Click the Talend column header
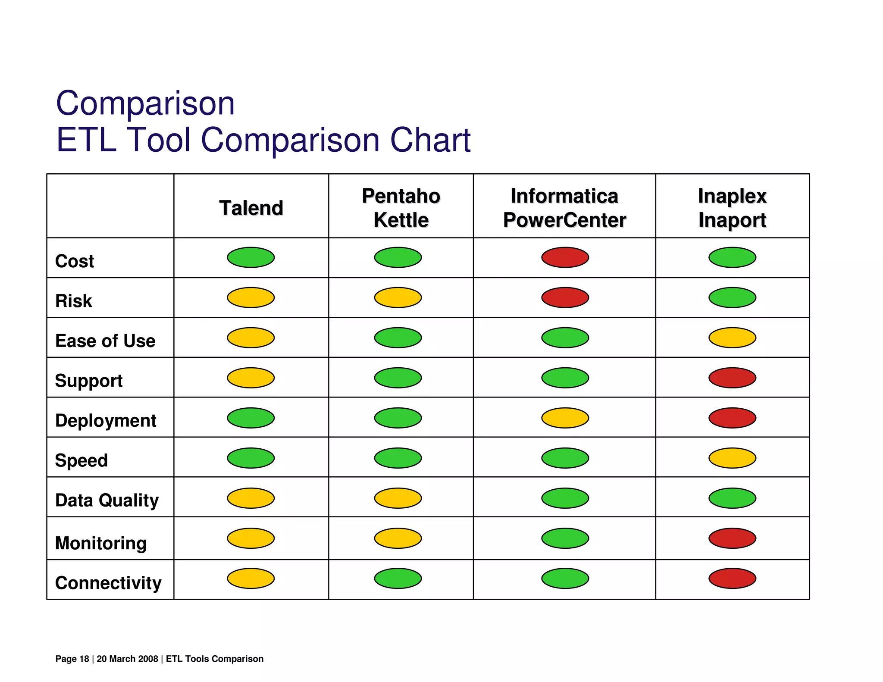251,208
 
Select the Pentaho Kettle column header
401,208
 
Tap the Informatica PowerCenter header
564,208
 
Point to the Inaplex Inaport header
732,208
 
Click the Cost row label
75,261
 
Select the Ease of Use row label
105,341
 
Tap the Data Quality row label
107,501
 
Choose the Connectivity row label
108,583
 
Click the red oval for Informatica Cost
565,257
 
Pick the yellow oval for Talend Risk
251,297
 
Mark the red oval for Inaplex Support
732,378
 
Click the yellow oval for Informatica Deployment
565,418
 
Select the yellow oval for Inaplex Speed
732,458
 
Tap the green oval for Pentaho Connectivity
398,578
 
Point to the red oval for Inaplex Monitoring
732,538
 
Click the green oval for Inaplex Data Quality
732,498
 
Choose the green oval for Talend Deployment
251,418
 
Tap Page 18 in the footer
72,659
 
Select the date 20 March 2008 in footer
127,659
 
